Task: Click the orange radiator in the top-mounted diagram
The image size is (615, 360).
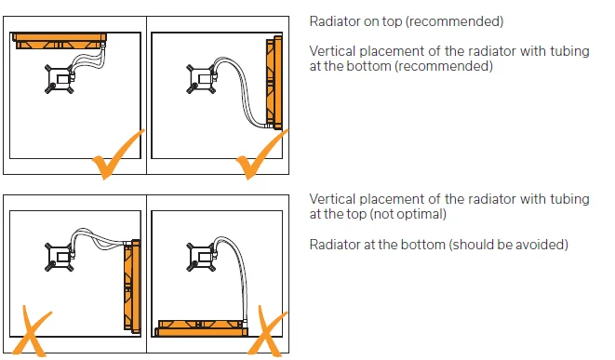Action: (x=60, y=41)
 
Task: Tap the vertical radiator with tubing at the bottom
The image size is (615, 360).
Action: (x=274, y=83)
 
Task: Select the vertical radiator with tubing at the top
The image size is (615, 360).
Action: (x=132, y=287)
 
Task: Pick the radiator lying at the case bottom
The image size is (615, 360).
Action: (x=202, y=328)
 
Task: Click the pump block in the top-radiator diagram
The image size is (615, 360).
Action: (x=60, y=79)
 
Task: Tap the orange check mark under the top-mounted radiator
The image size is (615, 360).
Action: (x=118, y=155)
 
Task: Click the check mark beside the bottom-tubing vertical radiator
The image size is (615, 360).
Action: (x=261, y=155)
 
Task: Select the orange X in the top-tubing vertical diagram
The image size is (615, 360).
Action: (x=33, y=330)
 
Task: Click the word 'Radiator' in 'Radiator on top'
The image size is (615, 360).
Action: (x=335, y=21)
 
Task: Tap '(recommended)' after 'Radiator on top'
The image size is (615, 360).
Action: (x=454, y=21)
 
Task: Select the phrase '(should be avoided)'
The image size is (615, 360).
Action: (x=508, y=245)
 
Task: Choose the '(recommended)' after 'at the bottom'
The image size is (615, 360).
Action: (x=444, y=66)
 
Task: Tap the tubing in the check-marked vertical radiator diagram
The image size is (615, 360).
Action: (x=240, y=92)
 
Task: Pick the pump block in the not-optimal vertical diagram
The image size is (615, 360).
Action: (x=60, y=258)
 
